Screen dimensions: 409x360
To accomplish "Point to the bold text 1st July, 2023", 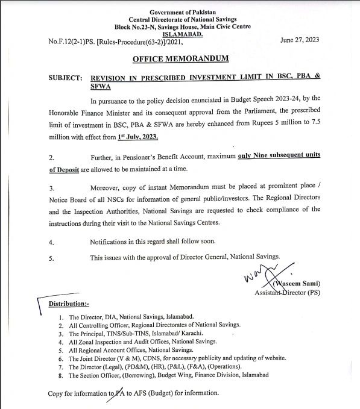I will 139,138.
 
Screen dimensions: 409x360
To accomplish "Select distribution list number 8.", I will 62,375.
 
